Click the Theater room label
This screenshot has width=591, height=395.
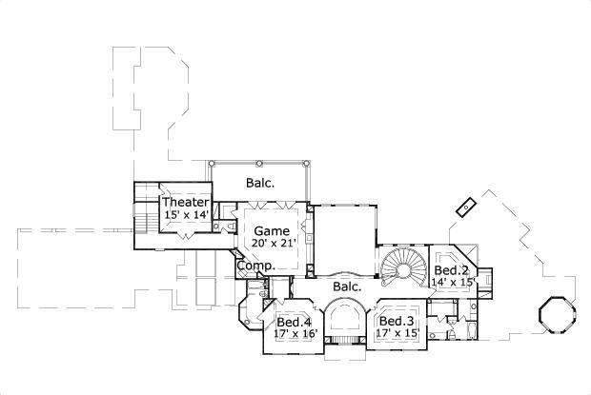coord(185,203)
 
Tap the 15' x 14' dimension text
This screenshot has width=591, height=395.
coord(185,215)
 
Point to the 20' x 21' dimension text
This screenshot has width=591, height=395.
coord(274,243)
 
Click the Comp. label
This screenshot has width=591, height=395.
coord(255,267)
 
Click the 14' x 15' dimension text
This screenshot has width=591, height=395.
coord(454,283)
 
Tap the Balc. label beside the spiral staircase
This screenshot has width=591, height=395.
coord(345,286)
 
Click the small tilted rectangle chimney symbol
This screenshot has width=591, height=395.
coord(467,206)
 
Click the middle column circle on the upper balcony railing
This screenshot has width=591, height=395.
coord(259,163)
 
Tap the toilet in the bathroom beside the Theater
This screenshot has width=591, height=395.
coord(218,227)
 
